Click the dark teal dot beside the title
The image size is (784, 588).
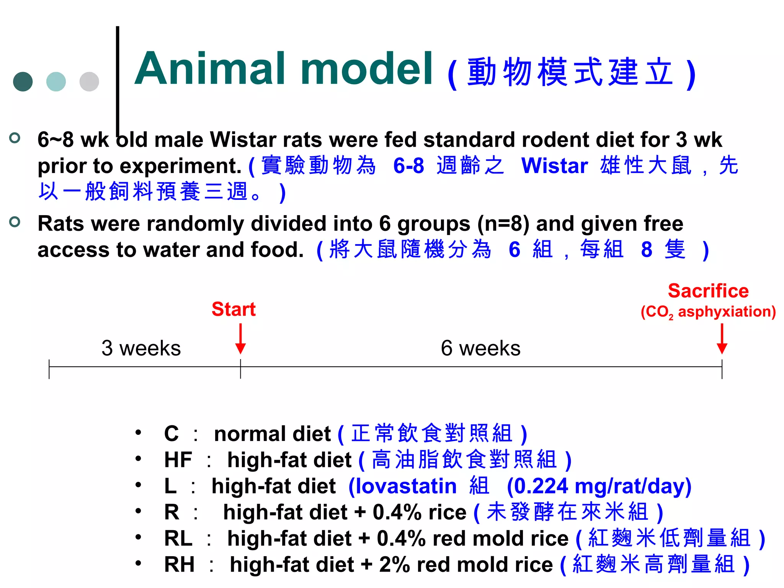23,82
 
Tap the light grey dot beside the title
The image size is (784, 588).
89,82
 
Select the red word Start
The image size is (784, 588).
234,309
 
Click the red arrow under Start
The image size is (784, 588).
240,339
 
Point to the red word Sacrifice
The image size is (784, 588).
708,291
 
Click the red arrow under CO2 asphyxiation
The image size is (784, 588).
722,339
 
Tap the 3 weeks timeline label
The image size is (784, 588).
141,348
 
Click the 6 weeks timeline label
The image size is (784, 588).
480,348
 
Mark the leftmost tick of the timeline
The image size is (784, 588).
49,369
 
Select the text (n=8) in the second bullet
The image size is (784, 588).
503,224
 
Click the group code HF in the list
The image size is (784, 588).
178,460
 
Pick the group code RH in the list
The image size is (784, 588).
179,565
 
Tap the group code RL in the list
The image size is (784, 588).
178,539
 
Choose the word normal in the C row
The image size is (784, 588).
247,434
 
